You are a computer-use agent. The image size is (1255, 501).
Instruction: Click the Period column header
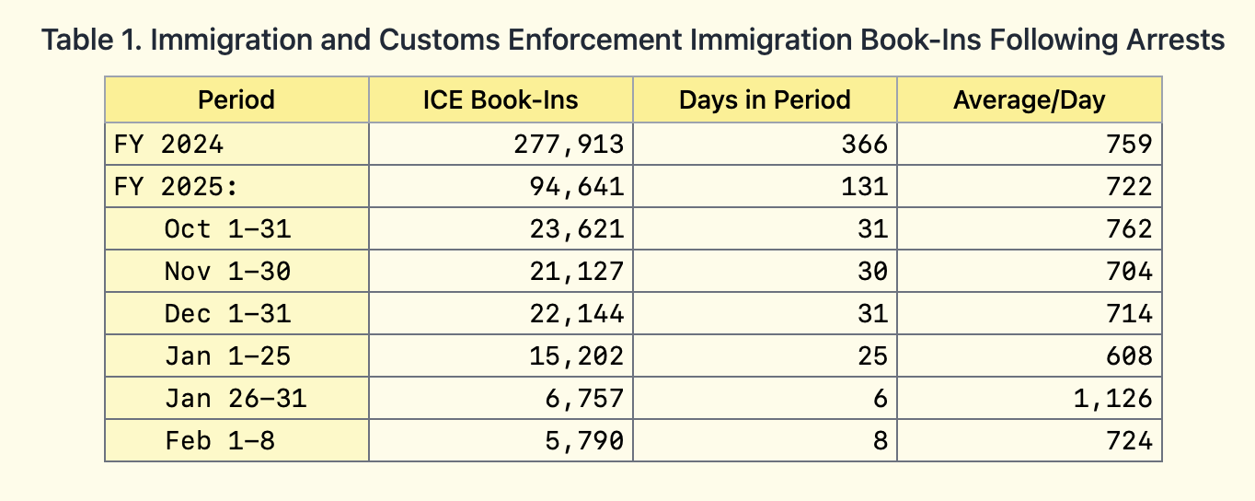[x=236, y=99]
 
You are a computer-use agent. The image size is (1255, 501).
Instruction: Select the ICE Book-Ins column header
[x=501, y=99]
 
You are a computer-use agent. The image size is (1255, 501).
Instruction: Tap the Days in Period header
[x=765, y=99]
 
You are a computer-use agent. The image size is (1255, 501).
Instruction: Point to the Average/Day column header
[x=1029, y=99]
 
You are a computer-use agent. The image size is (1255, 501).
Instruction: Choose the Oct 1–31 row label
[x=227, y=229]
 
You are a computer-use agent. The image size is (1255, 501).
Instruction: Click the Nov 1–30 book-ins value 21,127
[x=577, y=272]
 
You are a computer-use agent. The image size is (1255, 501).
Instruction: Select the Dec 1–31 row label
[x=227, y=314]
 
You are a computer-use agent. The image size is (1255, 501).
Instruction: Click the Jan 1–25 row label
[x=227, y=356]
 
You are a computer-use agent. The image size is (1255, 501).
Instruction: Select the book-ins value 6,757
[x=584, y=399]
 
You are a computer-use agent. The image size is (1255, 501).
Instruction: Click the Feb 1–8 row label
[x=220, y=441]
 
